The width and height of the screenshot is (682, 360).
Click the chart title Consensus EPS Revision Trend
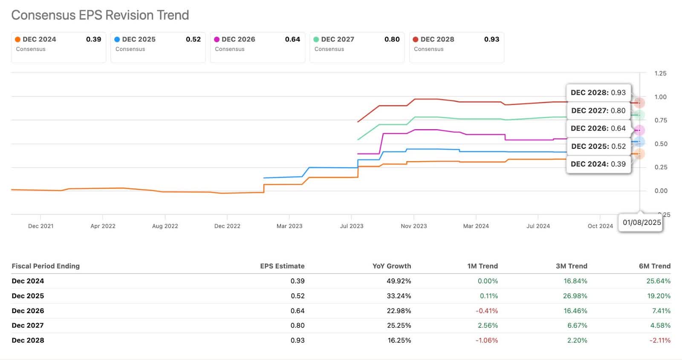(100, 15)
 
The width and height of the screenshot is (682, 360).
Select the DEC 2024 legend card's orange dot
(18, 39)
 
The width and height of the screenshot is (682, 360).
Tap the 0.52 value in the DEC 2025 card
(193, 39)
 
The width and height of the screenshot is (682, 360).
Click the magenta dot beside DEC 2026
(217, 39)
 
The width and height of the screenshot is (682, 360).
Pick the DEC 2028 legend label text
(437, 39)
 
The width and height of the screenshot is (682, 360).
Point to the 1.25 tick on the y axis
(660, 73)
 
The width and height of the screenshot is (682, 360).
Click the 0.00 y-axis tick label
(660, 191)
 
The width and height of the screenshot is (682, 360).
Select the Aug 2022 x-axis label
(165, 226)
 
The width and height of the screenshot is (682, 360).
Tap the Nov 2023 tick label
(413, 226)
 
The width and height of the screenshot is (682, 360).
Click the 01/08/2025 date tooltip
(642, 222)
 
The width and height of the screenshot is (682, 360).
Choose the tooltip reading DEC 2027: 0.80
(598, 110)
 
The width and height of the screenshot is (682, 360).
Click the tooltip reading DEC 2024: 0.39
(598, 164)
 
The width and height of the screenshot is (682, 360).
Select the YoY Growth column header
(391, 266)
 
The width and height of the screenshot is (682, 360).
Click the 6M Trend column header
(654, 266)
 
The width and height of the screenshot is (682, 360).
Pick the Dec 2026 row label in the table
(28, 311)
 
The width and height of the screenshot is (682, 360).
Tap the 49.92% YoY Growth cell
(399, 281)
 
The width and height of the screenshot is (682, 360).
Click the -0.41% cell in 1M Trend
(486, 311)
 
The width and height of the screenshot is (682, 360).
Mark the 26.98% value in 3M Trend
(575, 296)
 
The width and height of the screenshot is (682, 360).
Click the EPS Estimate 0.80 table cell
(297, 325)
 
